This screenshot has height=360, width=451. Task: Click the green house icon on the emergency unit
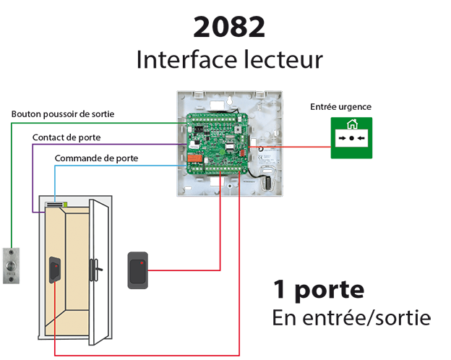(x=352, y=124)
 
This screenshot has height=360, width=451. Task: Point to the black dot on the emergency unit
(x=352, y=137)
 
